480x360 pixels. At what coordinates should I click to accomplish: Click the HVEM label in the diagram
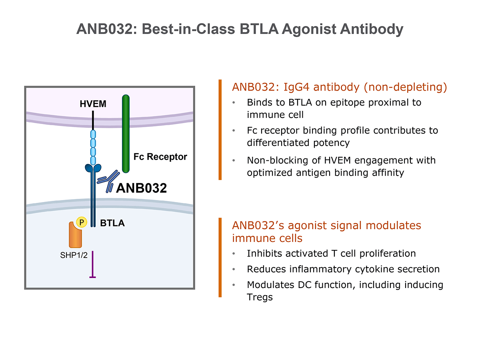(93, 104)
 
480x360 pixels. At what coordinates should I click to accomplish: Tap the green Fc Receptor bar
(126, 134)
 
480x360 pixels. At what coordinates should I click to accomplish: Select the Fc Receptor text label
(160, 157)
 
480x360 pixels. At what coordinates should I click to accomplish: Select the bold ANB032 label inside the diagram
(141, 188)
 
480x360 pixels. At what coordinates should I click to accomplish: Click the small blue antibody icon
(109, 180)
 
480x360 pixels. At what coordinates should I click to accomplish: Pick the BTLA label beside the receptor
(112, 224)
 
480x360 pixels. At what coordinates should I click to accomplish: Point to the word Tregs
(260, 297)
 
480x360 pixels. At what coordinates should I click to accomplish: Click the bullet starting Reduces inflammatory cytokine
(343, 269)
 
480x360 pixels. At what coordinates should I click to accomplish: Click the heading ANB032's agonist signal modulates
(326, 226)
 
